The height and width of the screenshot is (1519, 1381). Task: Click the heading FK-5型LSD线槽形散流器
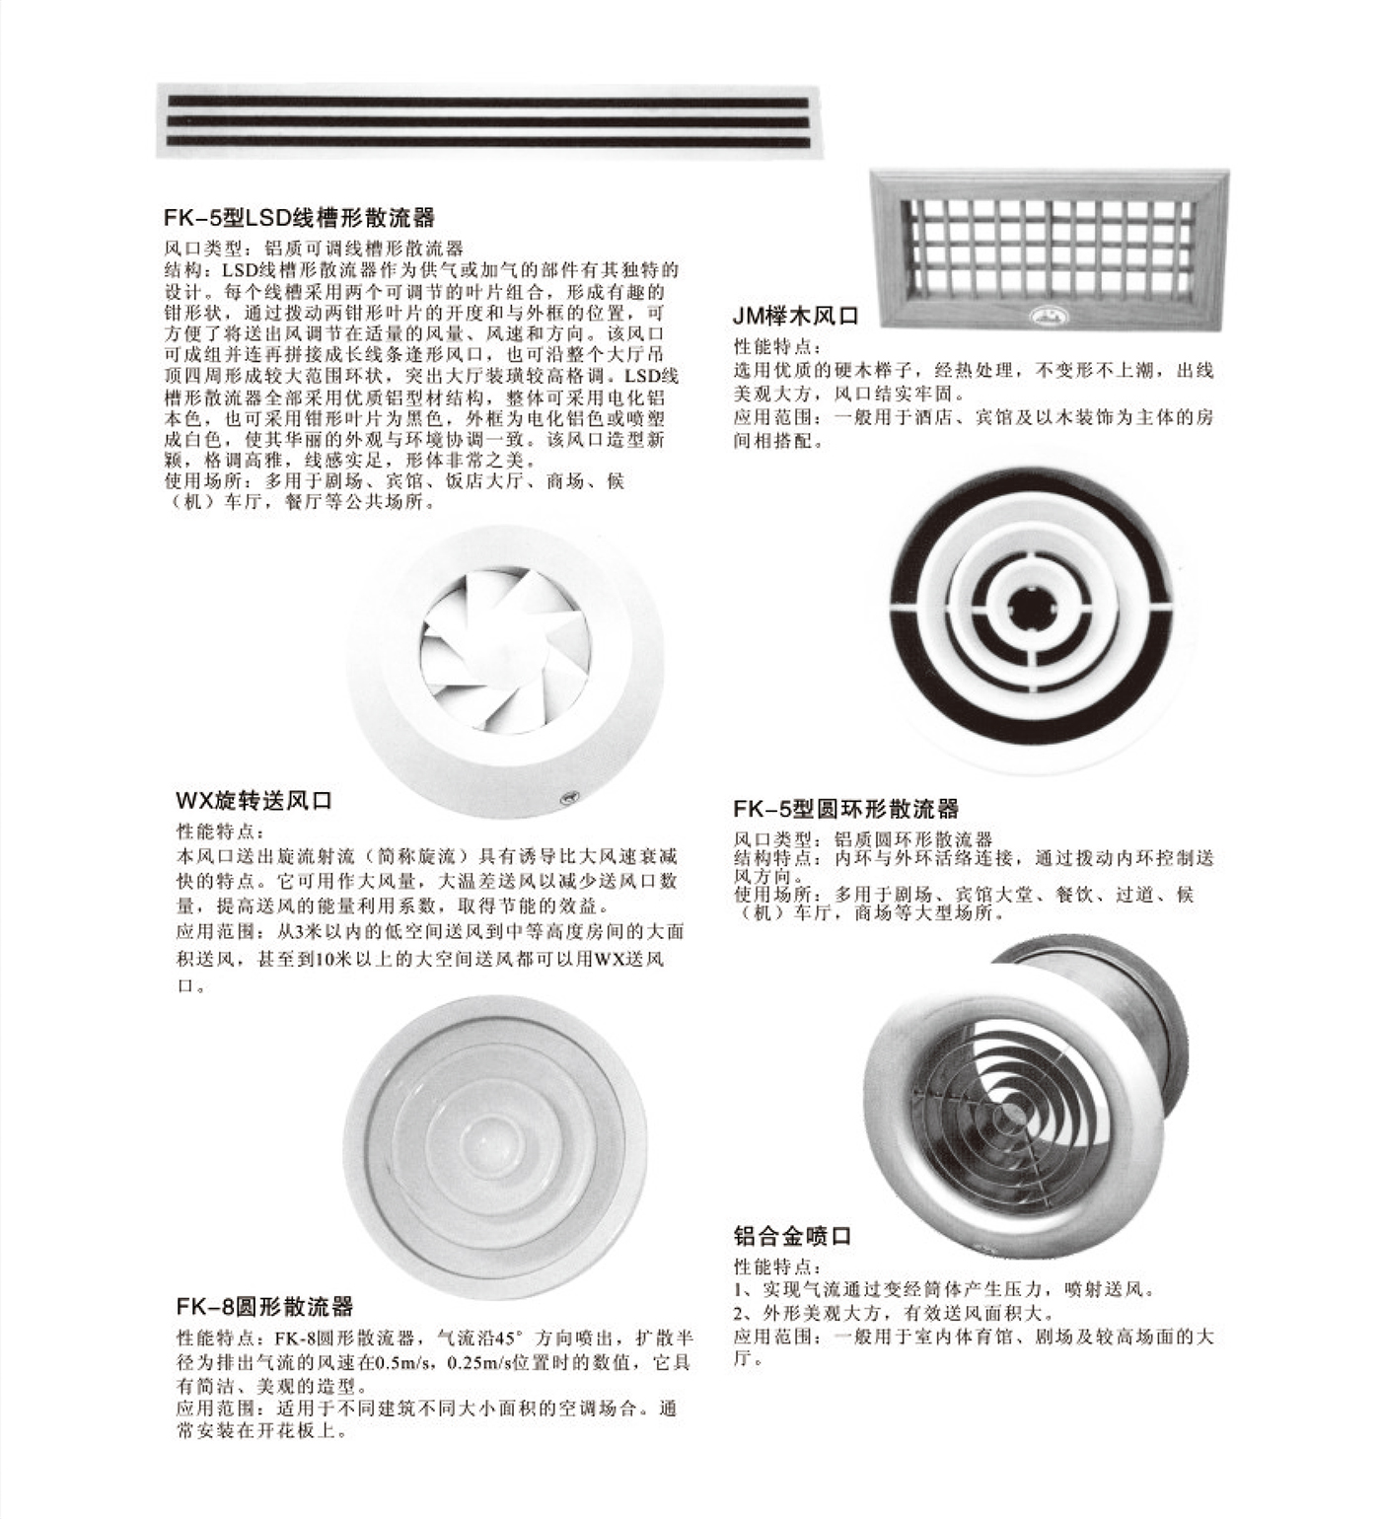pos(299,217)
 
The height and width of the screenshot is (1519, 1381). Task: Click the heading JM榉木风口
pos(796,317)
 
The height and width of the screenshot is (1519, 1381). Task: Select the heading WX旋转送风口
pos(254,800)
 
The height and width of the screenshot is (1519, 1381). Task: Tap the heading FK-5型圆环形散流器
pos(845,809)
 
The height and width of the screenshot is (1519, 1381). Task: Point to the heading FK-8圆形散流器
pos(264,1308)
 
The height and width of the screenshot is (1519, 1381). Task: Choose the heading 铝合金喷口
pos(792,1235)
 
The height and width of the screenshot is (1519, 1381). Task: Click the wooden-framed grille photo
pos(1052,250)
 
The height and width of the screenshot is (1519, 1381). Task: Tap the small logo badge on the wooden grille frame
pos(1042,316)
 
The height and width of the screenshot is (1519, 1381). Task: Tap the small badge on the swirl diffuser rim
pos(569,794)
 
